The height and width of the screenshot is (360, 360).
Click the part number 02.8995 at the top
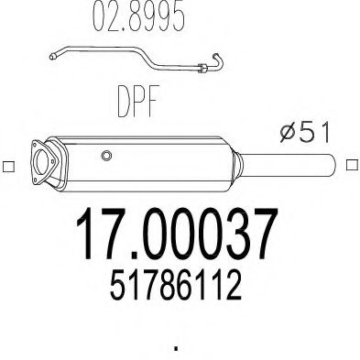pyautogui.click(x=139, y=16)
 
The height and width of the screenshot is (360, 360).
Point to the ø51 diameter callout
pyautogui.click(x=305, y=132)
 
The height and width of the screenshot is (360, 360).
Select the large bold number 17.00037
pyautogui.click(x=177, y=234)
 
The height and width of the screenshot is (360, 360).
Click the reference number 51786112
pyautogui.click(x=176, y=285)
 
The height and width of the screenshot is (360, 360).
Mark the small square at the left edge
pyautogui.click(x=8, y=166)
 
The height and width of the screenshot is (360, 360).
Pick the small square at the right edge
pyautogui.click(x=352, y=165)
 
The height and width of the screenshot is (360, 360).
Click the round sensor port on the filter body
pyautogui.click(x=106, y=156)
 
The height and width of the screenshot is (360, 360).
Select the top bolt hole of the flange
pyautogui.click(x=37, y=145)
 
